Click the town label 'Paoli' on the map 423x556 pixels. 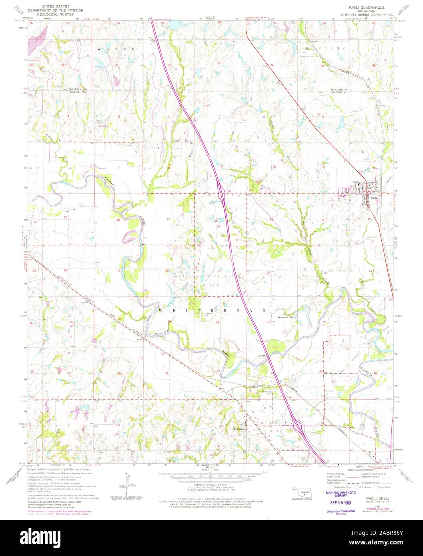[373, 198]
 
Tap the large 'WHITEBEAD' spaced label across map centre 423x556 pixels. [212, 310]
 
